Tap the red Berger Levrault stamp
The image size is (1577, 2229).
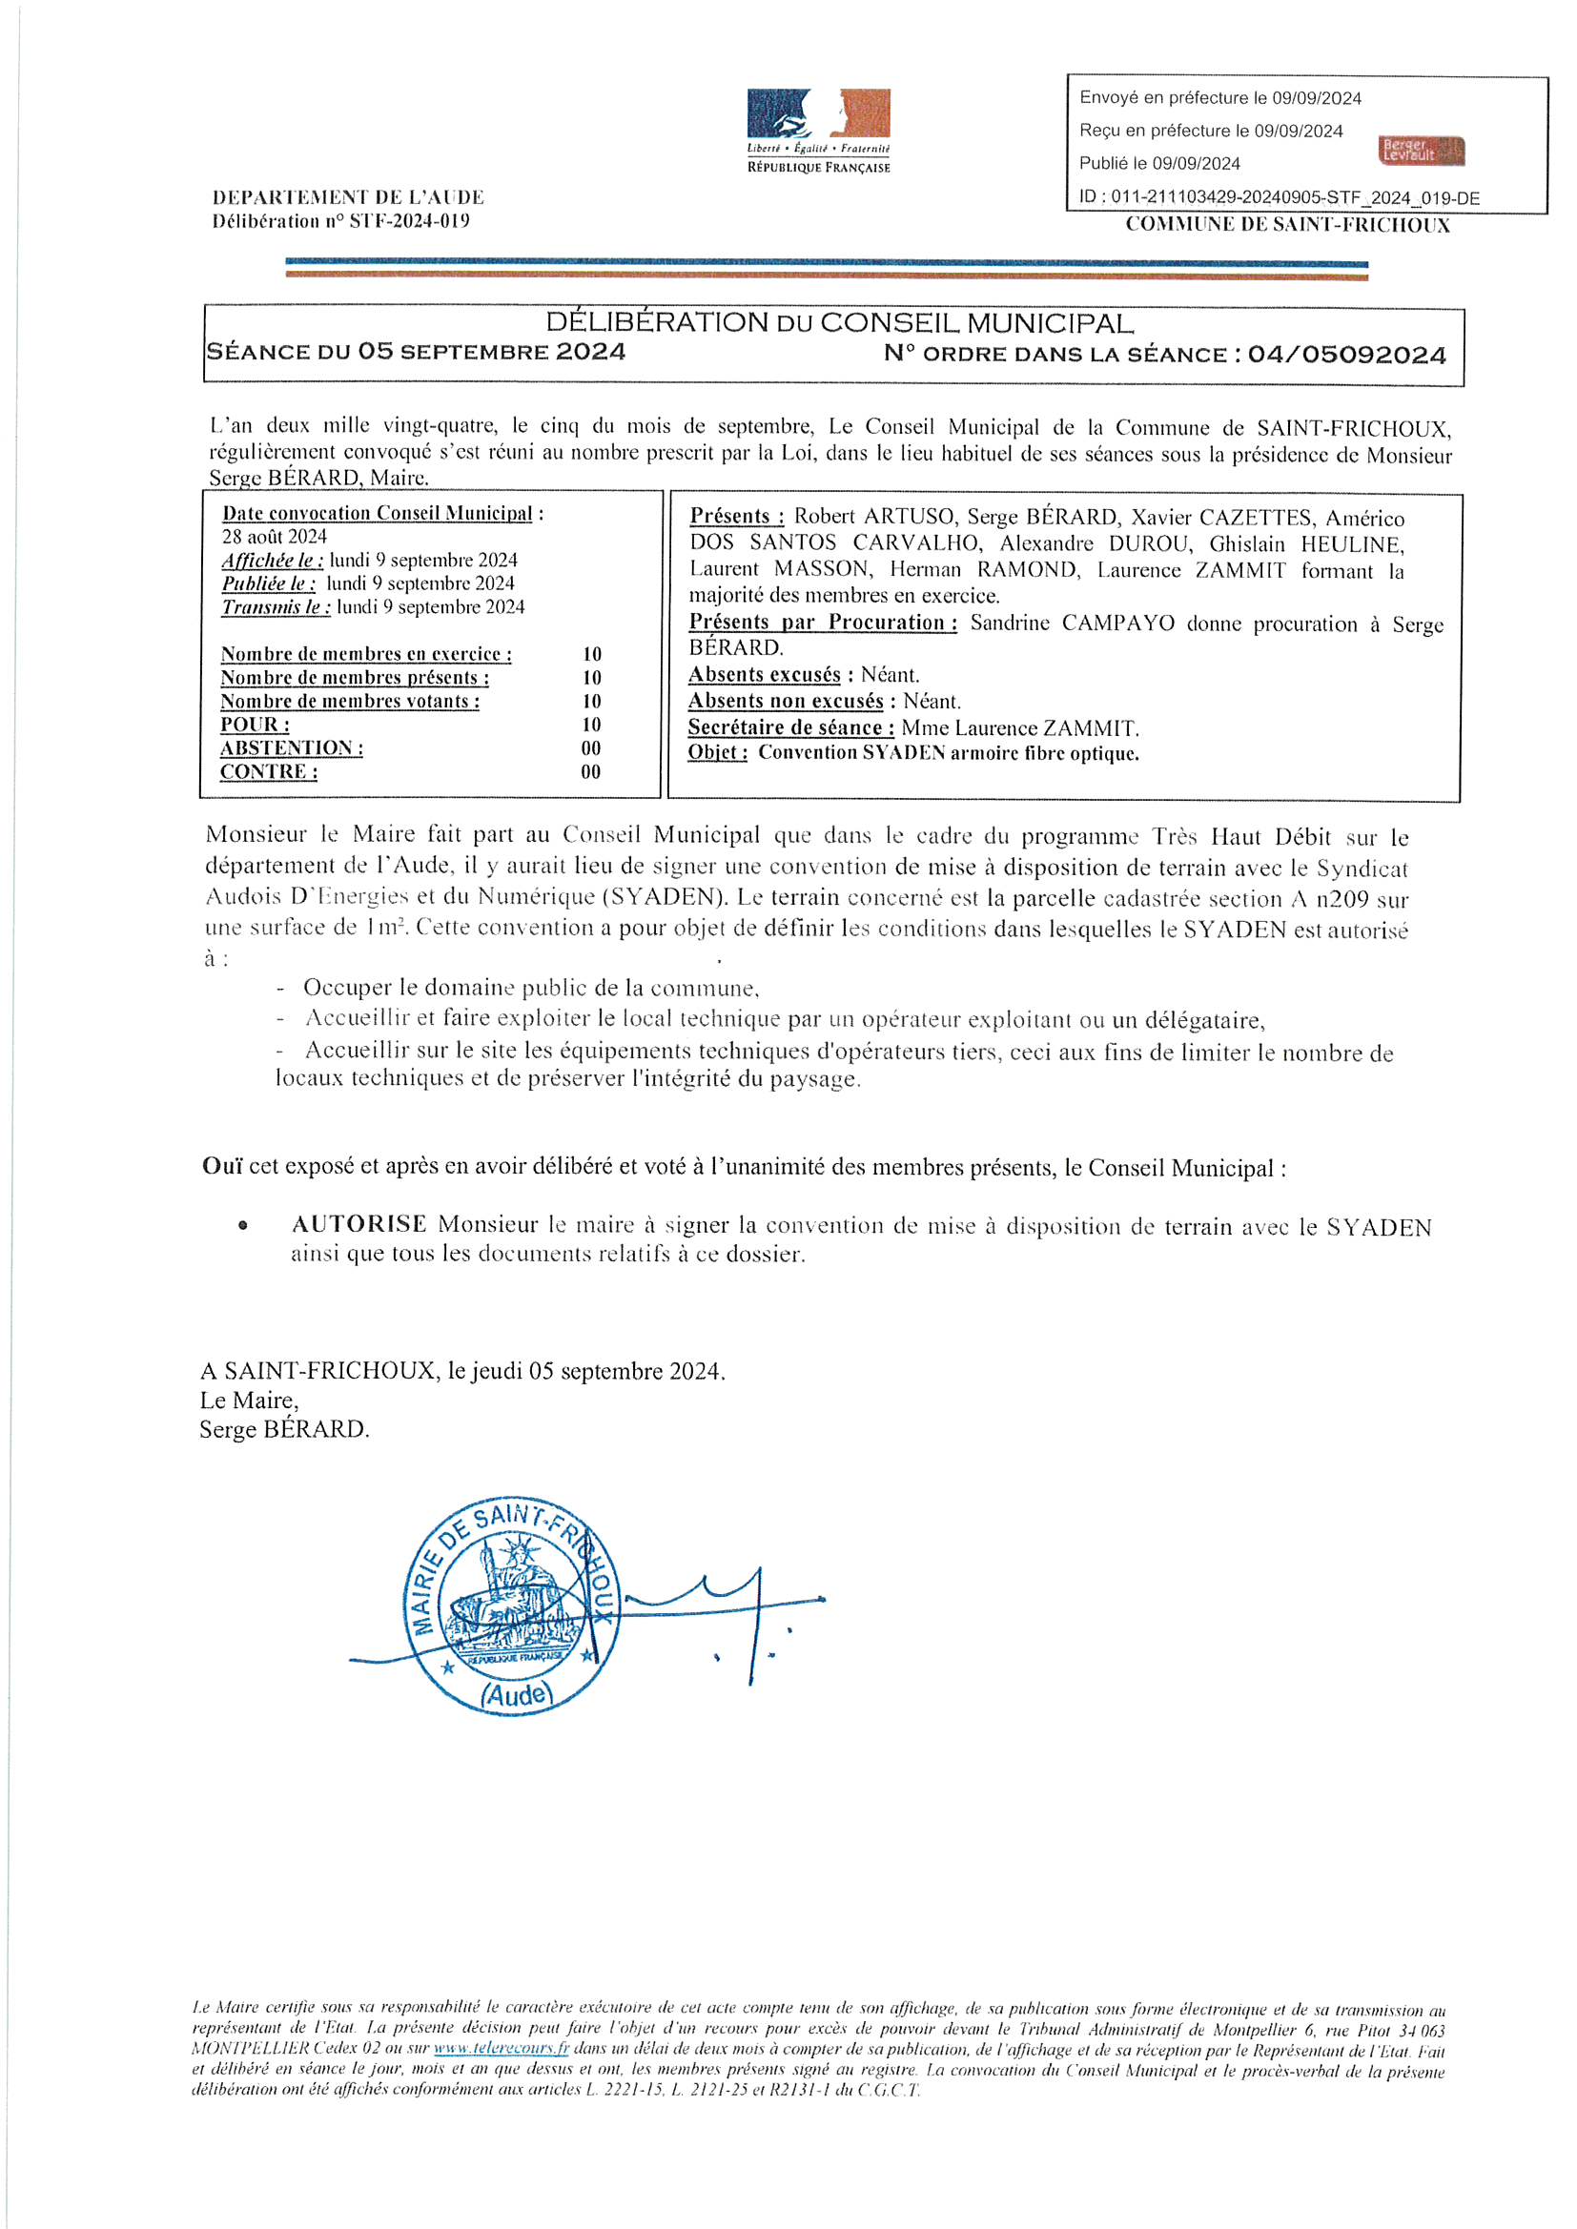[1422, 151]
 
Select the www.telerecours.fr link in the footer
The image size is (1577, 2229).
[501, 2050]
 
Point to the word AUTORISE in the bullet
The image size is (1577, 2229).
[358, 1224]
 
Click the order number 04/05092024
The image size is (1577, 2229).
[1347, 355]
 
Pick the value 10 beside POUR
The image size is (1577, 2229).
[591, 725]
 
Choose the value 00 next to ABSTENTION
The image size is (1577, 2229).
[591, 747]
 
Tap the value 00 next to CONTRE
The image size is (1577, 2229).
[591, 772]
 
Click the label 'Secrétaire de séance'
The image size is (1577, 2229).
[790, 727]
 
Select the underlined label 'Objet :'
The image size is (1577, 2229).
[718, 752]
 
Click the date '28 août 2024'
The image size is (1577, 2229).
[275, 536]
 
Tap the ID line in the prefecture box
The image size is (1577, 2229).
[1279, 197]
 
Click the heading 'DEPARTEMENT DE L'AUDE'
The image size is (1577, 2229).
[348, 197]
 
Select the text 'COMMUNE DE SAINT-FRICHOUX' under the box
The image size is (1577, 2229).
[1287, 225]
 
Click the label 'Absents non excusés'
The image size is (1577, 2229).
[786, 701]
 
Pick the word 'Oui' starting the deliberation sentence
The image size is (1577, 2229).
[222, 1166]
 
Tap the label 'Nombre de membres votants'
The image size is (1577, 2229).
[350, 701]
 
